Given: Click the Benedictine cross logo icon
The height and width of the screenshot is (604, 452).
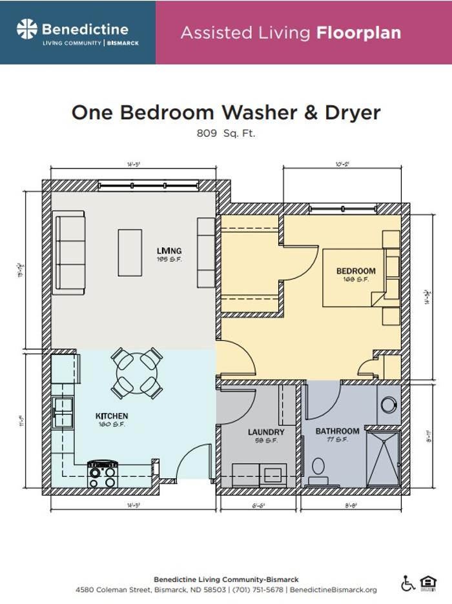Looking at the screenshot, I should tap(27, 29).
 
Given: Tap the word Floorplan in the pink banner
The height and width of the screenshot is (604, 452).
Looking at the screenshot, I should tap(358, 33).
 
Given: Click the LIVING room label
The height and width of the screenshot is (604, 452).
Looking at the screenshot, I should tap(169, 251).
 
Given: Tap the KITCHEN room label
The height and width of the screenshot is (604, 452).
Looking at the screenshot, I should tap(112, 416).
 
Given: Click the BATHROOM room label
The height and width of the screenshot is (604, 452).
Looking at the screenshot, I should tap(337, 431).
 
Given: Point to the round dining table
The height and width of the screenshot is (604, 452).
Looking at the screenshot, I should tap(136, 373).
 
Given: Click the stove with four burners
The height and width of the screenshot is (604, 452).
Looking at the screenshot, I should tap(102, 474).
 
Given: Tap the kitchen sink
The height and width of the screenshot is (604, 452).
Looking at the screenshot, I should tap(63, 407).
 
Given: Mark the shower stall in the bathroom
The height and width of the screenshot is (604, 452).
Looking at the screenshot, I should tap(383, 459).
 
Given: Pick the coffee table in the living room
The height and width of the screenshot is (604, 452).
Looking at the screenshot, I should tap(129, 252).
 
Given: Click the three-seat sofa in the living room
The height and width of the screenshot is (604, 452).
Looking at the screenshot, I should tap(70, 256).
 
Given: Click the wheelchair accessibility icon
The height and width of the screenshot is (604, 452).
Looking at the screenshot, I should tap(408, 583).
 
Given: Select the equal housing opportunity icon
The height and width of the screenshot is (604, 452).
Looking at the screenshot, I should tap(428, 583).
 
